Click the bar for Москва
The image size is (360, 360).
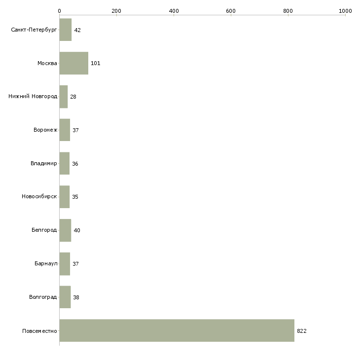(73, 63)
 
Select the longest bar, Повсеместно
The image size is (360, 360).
(177, 330)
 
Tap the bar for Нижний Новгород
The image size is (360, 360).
(64, 97)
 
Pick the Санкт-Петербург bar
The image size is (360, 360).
(66, 30)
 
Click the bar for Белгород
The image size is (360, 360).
(65, 230)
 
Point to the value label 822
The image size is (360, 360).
(302, 331)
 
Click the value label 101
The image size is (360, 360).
(96, 63)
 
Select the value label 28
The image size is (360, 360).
(73, 97)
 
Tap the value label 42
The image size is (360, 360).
(77, 30)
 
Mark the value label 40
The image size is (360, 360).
(77, 230)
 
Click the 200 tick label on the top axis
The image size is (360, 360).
(116, 11)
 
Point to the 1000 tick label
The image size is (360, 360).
(345, 11)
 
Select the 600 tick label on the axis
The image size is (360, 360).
(231, 11)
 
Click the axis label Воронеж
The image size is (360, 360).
(45, 130)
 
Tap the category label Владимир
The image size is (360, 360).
(43, 163)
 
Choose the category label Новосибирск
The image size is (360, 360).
(39, 197)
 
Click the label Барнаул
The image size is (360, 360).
(46, 263)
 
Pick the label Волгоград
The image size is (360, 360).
(43, 297)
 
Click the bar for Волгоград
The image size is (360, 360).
(65, 297)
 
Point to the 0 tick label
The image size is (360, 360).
(60, 11)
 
